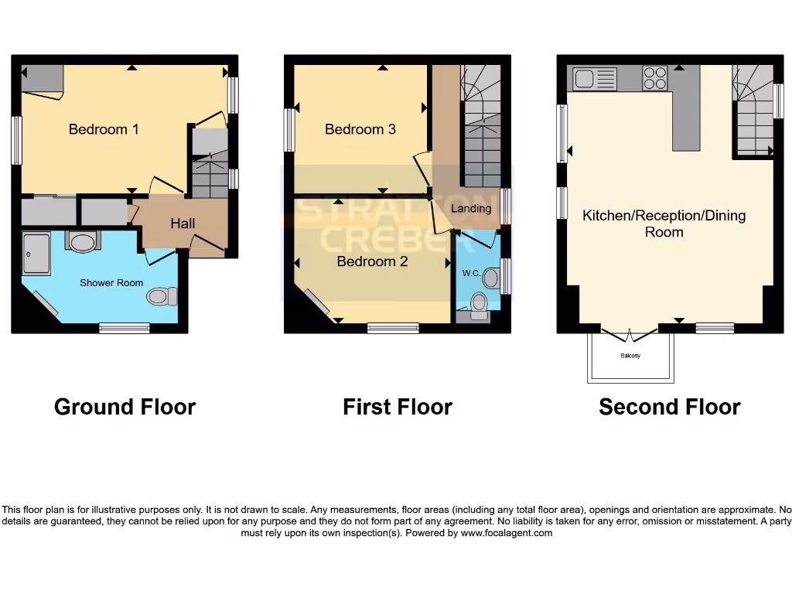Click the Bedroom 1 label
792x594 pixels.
click(x=104, y=129)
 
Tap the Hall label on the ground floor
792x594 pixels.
click(x=183, y=224)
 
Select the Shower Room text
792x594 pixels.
click(x=111, y=283)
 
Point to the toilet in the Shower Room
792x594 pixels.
click(x=162, y=295)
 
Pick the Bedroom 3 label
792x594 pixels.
click(x=360, y=129)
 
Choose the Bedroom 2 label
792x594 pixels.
click(x=372, y=261)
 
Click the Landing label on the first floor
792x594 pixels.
click(x=471, y=208)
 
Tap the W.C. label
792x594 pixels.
click(x=471, y=273)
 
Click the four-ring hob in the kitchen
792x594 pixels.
click(x=655, y=78)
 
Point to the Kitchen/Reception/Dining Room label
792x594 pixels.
click(x=664, y=224)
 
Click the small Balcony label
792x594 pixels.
click(x=630, y=356)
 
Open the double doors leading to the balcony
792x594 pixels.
click(x=630, y=336)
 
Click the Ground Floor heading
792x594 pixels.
click(x=125, y=407)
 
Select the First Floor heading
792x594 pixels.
click(x=398, y=407)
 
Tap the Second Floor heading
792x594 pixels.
click(x=669, y=407)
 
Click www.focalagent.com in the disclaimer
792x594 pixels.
click(x=506, y=533)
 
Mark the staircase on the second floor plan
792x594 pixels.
click(x=753, y=112)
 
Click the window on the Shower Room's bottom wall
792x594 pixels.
click(x=125, y=329)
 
